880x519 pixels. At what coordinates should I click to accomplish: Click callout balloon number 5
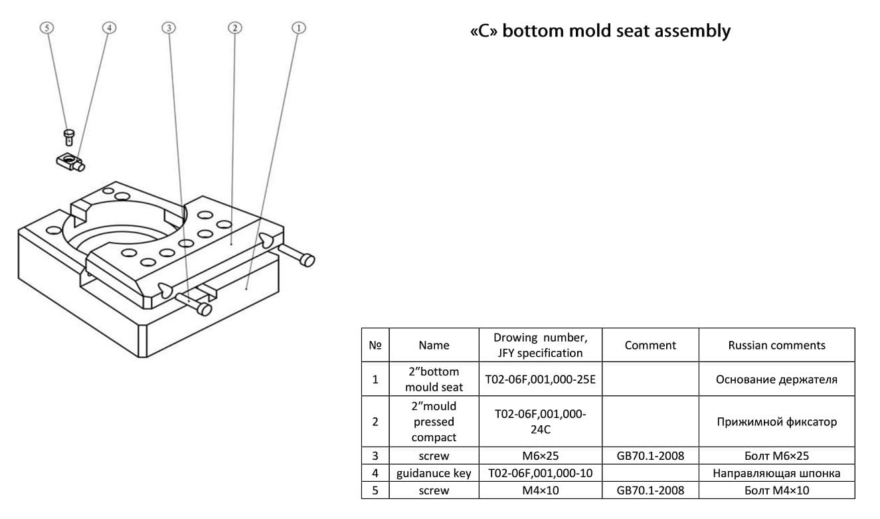(x=46, y=27)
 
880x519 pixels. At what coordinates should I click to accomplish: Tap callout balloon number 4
(x=109, y=27)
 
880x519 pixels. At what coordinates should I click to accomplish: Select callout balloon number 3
(x=170, y=27)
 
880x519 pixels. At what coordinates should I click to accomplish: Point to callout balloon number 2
(x=234, y=27)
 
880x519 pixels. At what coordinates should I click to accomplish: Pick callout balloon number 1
(x=299, y=27)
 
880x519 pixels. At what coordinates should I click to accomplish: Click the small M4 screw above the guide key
(x=68, y=137)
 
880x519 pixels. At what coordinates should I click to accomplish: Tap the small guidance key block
(x=69, y=160)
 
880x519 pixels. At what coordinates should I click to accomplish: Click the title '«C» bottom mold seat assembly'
(x=600, y=31)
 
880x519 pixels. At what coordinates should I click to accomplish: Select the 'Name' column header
(x=434, y=345)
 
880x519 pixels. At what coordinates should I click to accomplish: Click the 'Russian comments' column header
(x=776, y=345)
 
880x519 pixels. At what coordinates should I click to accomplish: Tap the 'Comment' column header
(x=650, y=345)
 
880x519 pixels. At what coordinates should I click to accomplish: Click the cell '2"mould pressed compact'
(x=434, y=421)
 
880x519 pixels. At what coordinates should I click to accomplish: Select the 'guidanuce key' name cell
(x=434, y=473)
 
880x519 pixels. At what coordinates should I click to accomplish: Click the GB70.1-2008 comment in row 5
(x=650, y=490)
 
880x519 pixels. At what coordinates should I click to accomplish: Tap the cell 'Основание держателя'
(x=776, y=379)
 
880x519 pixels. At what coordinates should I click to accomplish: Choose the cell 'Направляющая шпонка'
(x=776, y=473)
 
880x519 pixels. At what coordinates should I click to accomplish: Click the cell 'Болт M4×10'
(x=776, y=490)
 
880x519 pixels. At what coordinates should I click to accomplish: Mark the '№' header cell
(x=375, y=345)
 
